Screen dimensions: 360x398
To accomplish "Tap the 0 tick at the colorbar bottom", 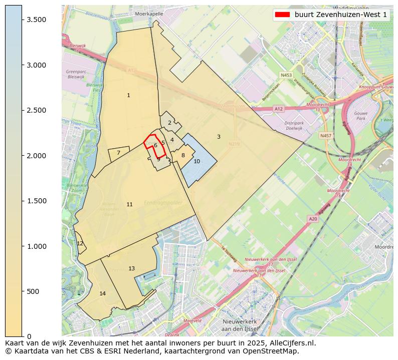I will (29, 336).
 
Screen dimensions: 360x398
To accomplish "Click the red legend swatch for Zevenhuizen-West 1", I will (283, 15).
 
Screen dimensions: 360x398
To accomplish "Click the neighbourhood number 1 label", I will (128, 95).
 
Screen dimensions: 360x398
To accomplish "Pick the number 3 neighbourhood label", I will (219, 137).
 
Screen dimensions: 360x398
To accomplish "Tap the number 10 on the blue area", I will (196, 161).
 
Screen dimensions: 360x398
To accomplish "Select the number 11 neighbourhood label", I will (129, 204).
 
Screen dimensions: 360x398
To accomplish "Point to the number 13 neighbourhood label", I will (131, 269).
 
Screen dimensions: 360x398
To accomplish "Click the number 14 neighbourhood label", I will (103, 293).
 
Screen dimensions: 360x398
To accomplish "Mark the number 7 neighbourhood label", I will (118, 153).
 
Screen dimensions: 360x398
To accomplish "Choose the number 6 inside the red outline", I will (155, 145).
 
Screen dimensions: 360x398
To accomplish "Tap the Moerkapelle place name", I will (149, 14).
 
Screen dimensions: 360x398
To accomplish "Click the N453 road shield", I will (286, 75).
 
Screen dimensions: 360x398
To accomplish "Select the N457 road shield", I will (326, 135).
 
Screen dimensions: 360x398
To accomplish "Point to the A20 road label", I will (313, 219).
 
